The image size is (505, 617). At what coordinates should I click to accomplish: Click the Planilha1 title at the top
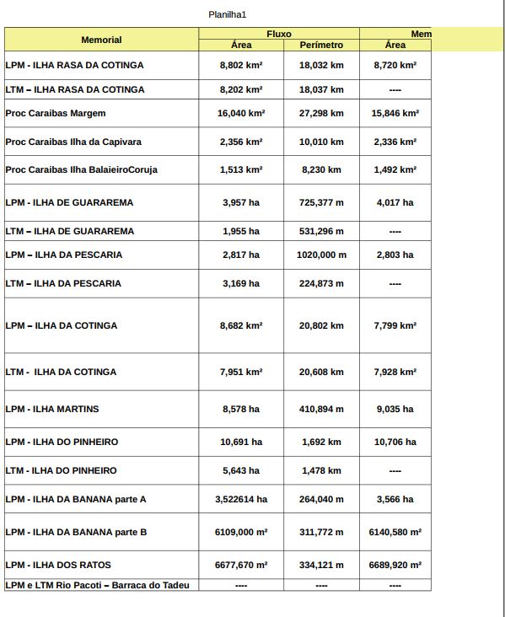tap(227, 14)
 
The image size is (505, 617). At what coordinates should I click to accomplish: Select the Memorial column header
tap(101, 40)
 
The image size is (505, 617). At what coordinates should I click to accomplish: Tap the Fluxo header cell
tap(278, 34)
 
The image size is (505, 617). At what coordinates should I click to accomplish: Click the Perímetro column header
tap(321, 45)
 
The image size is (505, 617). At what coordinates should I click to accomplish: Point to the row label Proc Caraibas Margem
tap(56, 113)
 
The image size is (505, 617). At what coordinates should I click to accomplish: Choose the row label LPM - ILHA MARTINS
tap(52, 409)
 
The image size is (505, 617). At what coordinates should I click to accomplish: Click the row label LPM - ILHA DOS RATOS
tap(58, 565)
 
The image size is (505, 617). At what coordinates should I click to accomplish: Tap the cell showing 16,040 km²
tap(241, 113)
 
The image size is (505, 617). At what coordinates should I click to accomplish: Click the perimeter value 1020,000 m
tap(321, 255)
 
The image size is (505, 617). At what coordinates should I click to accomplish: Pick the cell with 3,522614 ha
tap(241, 499)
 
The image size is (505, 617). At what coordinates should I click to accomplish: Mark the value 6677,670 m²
tap(241, 565)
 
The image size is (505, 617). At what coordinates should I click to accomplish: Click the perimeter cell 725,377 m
tap(321, 202)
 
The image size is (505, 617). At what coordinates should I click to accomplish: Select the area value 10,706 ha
tap(395, 442)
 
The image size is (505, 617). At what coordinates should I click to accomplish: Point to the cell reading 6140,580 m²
tap(395, 532)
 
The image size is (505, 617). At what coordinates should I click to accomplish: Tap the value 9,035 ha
tap(395, 409)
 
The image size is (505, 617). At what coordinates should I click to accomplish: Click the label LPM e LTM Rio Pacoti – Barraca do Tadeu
tap(98, 585)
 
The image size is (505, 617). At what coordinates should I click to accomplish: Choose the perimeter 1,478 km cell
tap(321, 470)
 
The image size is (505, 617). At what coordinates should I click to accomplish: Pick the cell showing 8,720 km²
tap(395, 65)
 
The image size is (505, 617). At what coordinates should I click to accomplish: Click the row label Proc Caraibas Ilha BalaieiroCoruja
tap(81, 169)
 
